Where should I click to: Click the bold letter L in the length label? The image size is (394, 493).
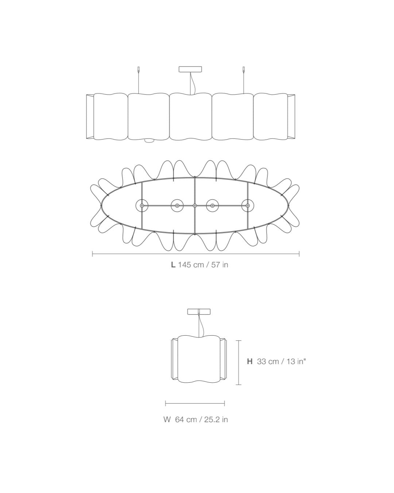(173, 265)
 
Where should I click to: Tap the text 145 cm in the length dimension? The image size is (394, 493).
(191, 265)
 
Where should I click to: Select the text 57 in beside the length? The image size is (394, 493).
(220, 265)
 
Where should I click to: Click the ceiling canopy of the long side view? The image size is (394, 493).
(190, 69)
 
